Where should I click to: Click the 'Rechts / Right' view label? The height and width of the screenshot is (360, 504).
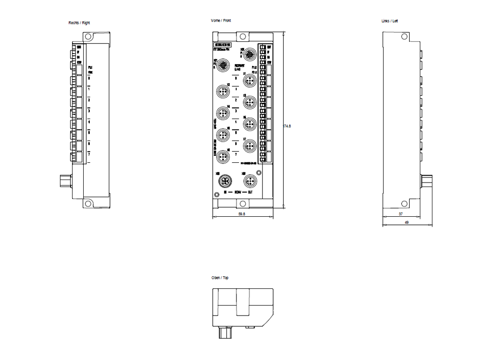click(79, 23)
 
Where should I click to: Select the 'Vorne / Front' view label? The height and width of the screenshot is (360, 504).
click(221, 21)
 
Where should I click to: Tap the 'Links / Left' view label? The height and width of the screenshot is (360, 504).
click(390, 21)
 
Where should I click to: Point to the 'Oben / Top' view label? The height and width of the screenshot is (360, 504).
click(220, 278)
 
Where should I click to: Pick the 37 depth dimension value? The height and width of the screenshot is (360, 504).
click(401, 214)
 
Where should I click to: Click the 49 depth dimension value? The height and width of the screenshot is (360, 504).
click(406, 222)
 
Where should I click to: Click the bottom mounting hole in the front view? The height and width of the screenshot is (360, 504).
click(242, 203)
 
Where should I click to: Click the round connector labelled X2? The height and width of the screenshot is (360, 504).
click(222, 91)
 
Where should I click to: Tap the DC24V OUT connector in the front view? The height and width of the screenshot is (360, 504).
click(249, 181)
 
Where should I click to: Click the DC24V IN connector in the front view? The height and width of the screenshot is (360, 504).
click(222, 181)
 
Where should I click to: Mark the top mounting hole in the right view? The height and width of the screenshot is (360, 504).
click(88, 37)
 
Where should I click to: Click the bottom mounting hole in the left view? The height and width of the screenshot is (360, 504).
click(404, 204)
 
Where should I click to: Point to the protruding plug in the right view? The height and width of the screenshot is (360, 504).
click(65, 179)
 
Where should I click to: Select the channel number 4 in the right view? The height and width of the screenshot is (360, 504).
click(89, 122)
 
